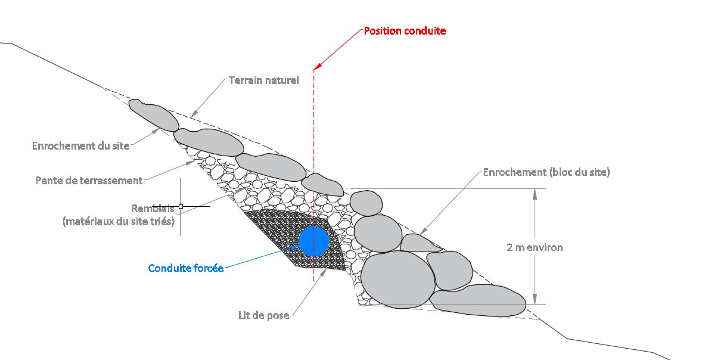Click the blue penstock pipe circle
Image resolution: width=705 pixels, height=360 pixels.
point(313,241)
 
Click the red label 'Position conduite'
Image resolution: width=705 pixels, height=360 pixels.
point(405,31)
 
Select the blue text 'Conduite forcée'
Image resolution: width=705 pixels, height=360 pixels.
point(186,268)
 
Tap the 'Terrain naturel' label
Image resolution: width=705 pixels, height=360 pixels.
point(264,80)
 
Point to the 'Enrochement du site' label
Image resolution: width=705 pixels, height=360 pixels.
point(81,145)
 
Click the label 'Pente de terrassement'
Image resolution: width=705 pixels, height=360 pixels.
point(89,181)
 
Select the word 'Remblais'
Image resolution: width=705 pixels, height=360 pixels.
point(153,209)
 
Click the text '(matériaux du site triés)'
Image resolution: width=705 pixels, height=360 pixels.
point(118,221)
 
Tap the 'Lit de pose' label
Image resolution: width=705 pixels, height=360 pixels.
point(263,315)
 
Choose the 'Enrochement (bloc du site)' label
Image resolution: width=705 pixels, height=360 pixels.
point(546,172)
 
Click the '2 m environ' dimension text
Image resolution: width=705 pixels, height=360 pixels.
point(535,247)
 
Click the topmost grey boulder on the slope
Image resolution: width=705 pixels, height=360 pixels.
point(154,114)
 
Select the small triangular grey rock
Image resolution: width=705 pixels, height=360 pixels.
point(420,243)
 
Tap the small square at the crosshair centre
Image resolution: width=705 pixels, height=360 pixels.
point(181,206)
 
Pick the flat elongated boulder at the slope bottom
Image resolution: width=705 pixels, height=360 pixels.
point(477,300)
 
